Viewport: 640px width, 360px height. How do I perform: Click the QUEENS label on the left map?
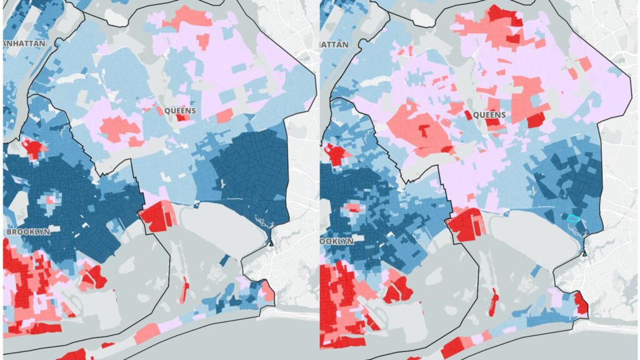click(180, 111)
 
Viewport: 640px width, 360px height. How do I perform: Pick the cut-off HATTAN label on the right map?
click(334, 44)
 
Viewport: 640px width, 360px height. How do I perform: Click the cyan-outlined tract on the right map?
click(573, 218)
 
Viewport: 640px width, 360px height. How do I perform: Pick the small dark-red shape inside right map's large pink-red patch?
click(426, 129)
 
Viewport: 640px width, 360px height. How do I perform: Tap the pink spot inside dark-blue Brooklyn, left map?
click(51, 201)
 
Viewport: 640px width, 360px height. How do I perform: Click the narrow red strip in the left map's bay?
click(186, 288)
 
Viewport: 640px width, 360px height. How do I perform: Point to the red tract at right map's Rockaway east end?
click(581, 304)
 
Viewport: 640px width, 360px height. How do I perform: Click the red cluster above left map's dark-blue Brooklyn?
click(34, 149)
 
